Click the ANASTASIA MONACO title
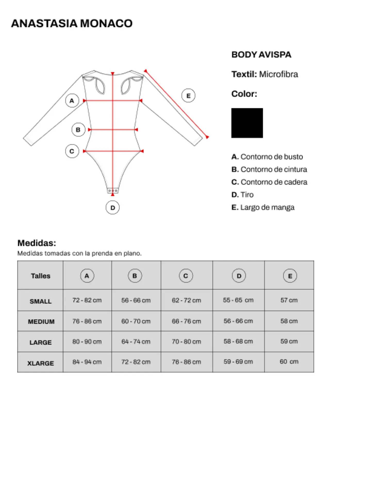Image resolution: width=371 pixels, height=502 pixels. click(x=72, y=23)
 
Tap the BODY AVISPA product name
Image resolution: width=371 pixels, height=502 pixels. click(x=261, y=55)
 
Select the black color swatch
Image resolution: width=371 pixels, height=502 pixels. click(x=247, y=123)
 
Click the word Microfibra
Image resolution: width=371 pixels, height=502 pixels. click(x=279, y=74)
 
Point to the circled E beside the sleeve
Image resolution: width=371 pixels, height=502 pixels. click(x=188, y=96)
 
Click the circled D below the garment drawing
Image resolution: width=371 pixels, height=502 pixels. click(x=113, y=208)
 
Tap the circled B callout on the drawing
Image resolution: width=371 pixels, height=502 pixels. click(x=78, y=130)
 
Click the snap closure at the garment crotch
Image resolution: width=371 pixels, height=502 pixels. click(x=113, y=191)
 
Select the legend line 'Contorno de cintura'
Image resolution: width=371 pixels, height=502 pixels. click(x=269, y=169)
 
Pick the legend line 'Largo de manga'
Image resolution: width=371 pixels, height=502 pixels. click(x=263, y=207)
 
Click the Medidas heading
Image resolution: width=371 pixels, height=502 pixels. click(x=37, y=243)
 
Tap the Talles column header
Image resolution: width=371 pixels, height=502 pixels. click(x=40, y=276)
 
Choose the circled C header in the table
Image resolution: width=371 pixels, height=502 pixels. click(x=186, y=276)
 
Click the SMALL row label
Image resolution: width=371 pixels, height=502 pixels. click(x=40, y=301)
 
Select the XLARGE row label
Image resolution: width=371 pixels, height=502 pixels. click(x=40, y=363)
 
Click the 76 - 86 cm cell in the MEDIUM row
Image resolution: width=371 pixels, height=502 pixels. click(x=87, y=321)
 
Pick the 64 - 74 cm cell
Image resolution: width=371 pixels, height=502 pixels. click(x=136, y=342)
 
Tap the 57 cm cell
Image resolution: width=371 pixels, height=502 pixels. click(x=289, y=300)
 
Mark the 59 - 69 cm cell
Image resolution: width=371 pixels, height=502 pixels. click(x=238, y=362)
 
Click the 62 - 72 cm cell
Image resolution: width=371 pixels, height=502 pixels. click(x=186, y=300)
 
